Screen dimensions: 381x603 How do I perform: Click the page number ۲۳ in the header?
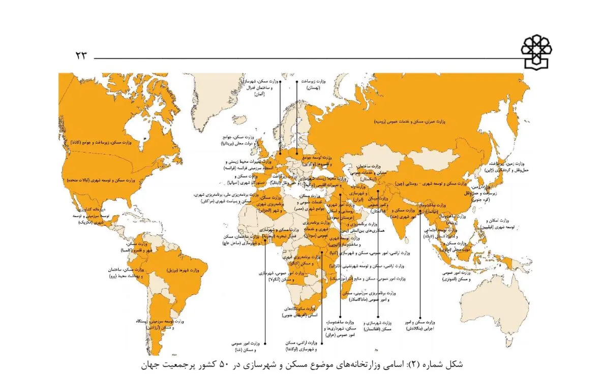[x=81, y=55]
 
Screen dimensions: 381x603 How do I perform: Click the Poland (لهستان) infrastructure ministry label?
[x=312, y=84]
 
